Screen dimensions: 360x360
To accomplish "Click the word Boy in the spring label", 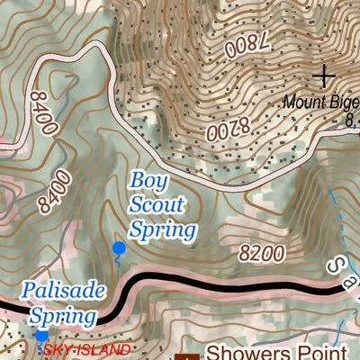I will click(x=144, y=180).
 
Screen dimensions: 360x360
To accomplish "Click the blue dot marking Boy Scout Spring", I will click(x=118, y=247).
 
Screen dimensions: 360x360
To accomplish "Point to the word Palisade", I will click(x=64, y=291).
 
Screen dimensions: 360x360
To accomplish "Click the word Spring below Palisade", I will click(x=63, y=316).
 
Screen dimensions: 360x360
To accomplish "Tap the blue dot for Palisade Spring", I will click(x=41, y=337).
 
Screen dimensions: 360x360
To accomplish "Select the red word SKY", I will click(x=58, y=349).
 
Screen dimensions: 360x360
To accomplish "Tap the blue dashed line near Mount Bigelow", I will click(x=336, y=216).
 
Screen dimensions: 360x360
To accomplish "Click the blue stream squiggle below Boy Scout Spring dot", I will click(x=117, y=260).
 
